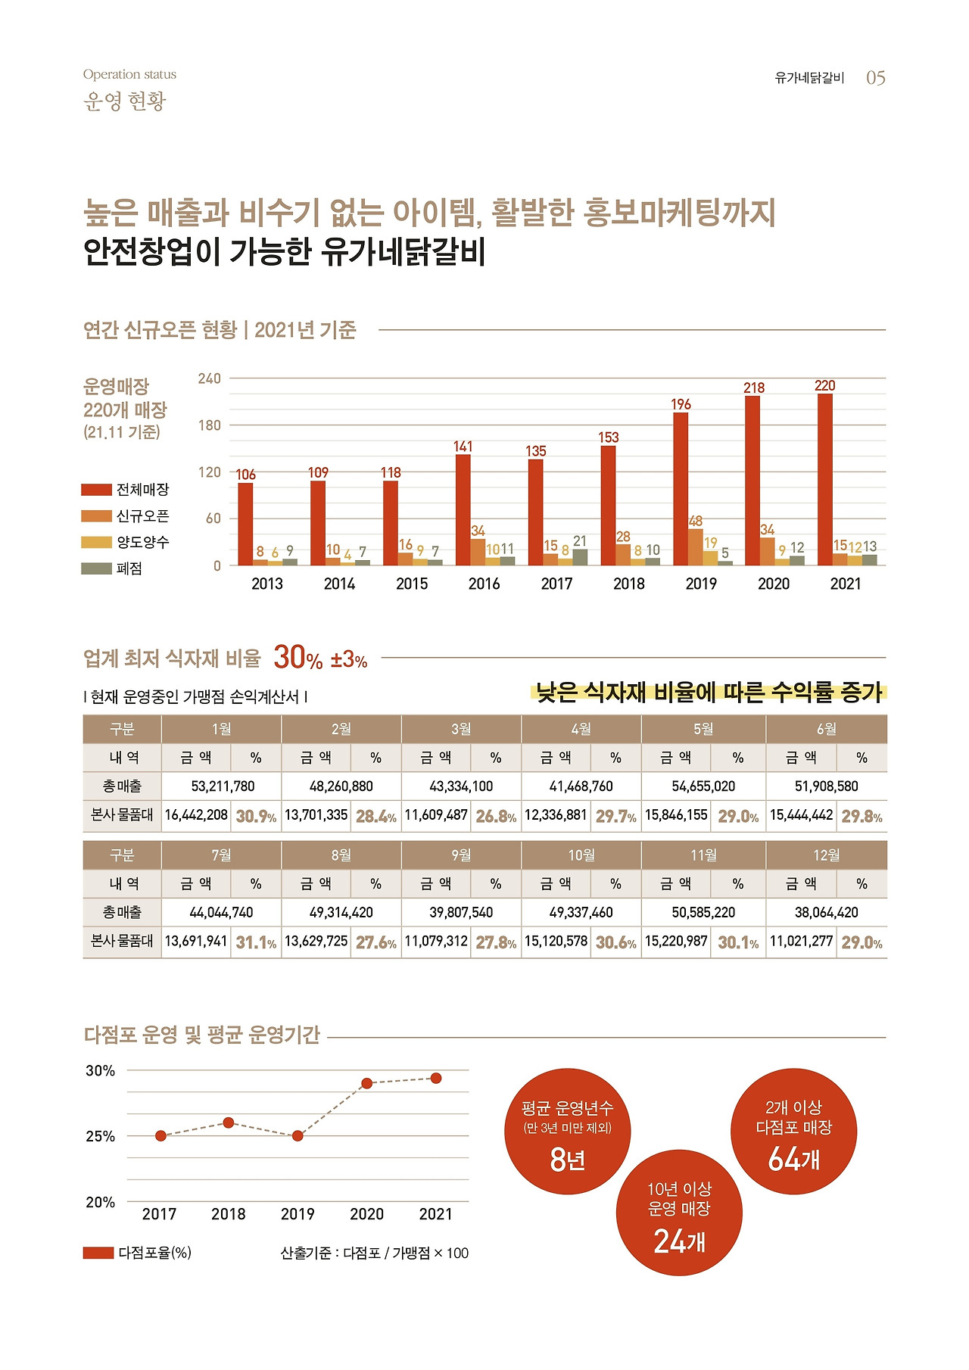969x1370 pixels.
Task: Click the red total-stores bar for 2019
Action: pyautogui.click(x=681, y=488)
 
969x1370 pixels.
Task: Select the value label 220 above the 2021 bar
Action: pyautogui.click(x=824, y=386)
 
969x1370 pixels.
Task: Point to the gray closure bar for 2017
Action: pyautogui.click(x=580, y=557)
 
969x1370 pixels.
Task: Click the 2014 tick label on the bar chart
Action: pyautogui.click(x=339, y=584)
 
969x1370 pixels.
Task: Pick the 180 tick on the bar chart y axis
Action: pyautogui.click(x=210, y=425)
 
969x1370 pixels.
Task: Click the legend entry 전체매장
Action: pyautogui.click(x=142, y=490)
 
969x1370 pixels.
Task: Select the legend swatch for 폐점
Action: pyautogui.click(x=96, y=568)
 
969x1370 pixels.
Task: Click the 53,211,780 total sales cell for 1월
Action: pyautogui.click(x=222, y=786)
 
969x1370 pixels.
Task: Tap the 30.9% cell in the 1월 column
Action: pyautogui.click(x=256, y=816)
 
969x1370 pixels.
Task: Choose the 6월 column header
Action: pyautogui.click(x=826, y=729)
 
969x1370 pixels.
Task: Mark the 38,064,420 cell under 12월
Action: pyautogui.click(x=826, y=912)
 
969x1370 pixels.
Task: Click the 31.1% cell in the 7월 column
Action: pyautogui.click(x=256, y=942)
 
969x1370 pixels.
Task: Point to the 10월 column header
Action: pyautogui.click(x=581, y=855)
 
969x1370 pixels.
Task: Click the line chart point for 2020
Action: pyautogui.click(x=366, y=1083)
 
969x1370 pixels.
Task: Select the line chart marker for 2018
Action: pyautogui.click(x=229, y=1122)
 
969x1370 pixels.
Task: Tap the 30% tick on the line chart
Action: pyautogui.click(x=100, y=1071)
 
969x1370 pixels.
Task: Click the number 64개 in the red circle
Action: pyautogui.click(x=793, y=1159)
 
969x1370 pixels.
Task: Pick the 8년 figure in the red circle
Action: pyautogui.click(x=567, y=1159)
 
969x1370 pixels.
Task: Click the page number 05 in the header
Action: pyautogui.click(x=875, y=78)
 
